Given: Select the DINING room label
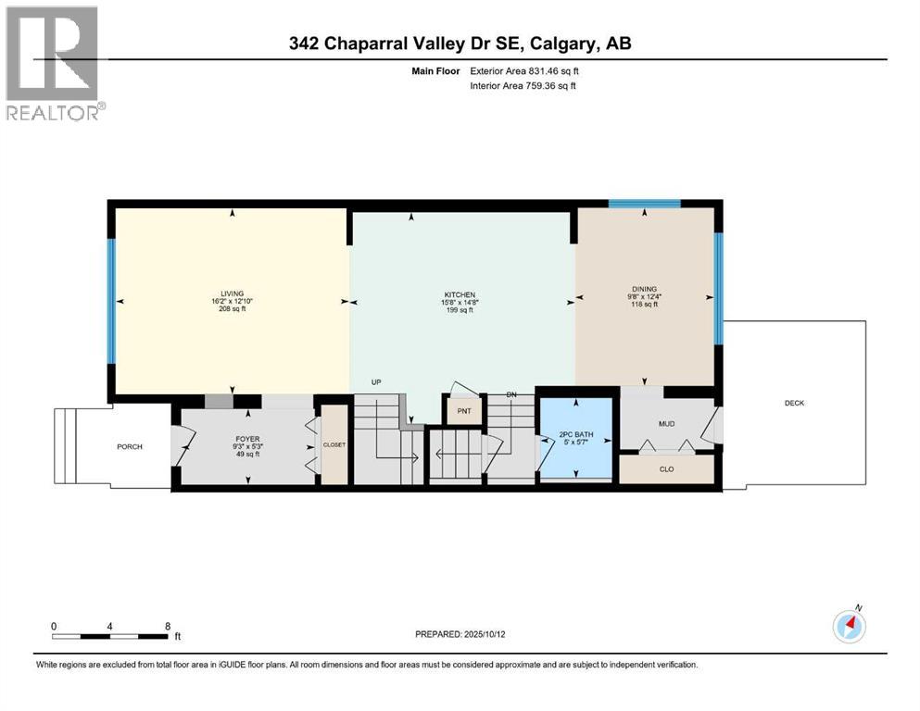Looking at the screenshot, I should click(645, 290).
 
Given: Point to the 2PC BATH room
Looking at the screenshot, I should click(576, 435).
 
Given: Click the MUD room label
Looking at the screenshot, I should click(665, 425).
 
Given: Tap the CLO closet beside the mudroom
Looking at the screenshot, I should click(665, 469).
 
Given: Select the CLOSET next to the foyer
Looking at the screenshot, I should click(334, 445).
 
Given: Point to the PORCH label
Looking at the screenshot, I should click(129, 447).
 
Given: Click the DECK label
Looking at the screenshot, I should click(795, 403).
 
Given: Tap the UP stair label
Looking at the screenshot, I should click(375, 381).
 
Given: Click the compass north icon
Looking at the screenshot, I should click(849, 626).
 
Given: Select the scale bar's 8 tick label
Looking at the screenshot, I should click(167, 627).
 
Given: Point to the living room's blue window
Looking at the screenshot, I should click(111, 301).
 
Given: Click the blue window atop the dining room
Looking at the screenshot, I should click(644, 204).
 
